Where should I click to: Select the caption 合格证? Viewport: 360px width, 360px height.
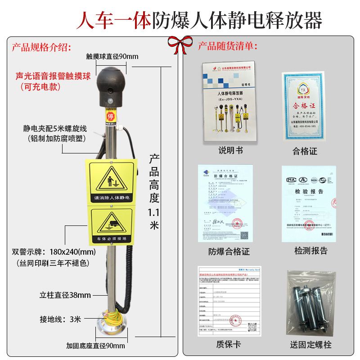(x=305, y=151)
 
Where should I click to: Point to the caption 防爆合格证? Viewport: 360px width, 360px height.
(x=229, y=251)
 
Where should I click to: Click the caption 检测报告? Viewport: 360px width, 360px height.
(x=311, y=251)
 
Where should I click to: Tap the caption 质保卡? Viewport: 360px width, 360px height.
(x=229, y=344)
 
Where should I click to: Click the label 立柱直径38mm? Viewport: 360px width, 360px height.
(x=65, y=295)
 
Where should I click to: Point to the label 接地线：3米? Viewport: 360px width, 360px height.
(x=60, y=319)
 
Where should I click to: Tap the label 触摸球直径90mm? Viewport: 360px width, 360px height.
(x=112, y=56)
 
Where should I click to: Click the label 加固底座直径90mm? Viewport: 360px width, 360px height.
(x=95, y=346)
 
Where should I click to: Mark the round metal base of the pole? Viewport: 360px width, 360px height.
(x=111, y=325)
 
